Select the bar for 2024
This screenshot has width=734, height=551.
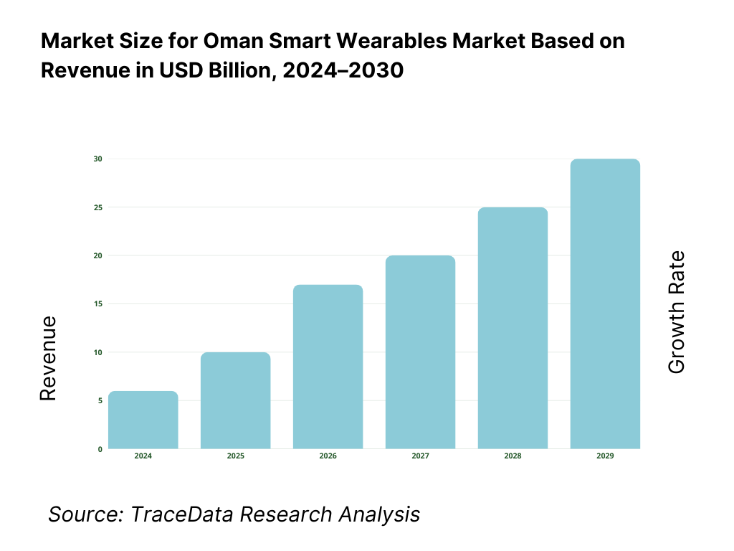(x=143, y=420)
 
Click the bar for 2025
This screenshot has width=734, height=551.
(x=236, y=400)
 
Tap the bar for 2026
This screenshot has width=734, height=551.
(x=328, y=367)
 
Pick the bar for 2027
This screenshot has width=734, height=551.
(x=420, y=352)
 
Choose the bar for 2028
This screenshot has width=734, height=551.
(x=513, y=328)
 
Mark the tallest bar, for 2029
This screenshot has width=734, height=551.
(x=605, y=303)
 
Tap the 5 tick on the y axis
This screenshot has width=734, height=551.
(x=100, y=400)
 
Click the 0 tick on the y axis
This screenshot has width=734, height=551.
(x=100, y=449)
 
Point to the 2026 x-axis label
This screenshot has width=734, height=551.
(x=328, y=456)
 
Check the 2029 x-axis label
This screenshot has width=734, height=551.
(x=605, y=456)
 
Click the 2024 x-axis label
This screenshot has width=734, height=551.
(x=143, y=456)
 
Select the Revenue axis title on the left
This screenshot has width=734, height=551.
(x=47, y=358)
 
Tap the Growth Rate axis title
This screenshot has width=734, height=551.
(x=676, y=312)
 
